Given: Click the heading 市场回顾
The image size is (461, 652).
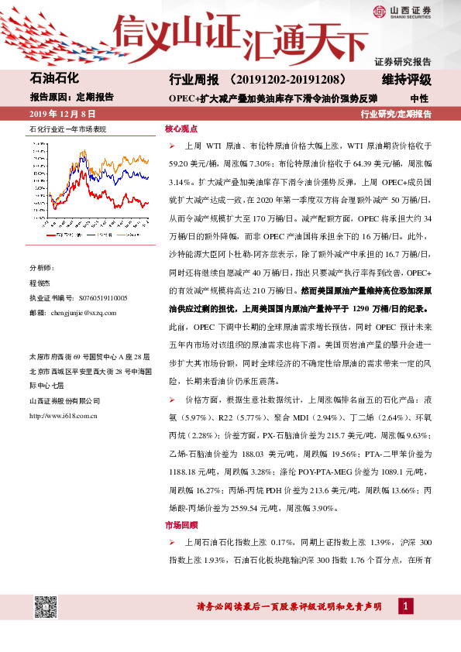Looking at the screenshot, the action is (x=181, y=525).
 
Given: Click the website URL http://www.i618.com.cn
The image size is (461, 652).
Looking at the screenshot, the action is (x=62, y=417).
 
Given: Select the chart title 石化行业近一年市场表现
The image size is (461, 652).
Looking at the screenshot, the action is (x=65, y=129).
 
